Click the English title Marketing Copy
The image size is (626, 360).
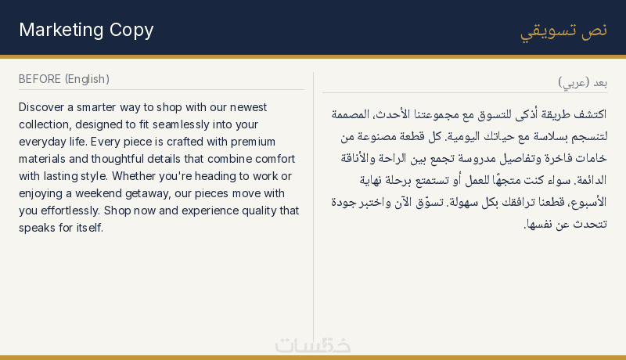coord(86,31)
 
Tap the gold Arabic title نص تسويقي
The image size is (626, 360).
coord(563,31)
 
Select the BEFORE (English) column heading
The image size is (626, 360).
coord(64,79)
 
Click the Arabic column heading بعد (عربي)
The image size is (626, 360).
coord(582,83)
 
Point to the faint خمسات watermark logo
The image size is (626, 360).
coord(313,346)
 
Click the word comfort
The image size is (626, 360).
coord(275,159)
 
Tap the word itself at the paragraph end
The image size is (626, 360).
coord(90,228)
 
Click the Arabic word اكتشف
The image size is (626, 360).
coord(590,114)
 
